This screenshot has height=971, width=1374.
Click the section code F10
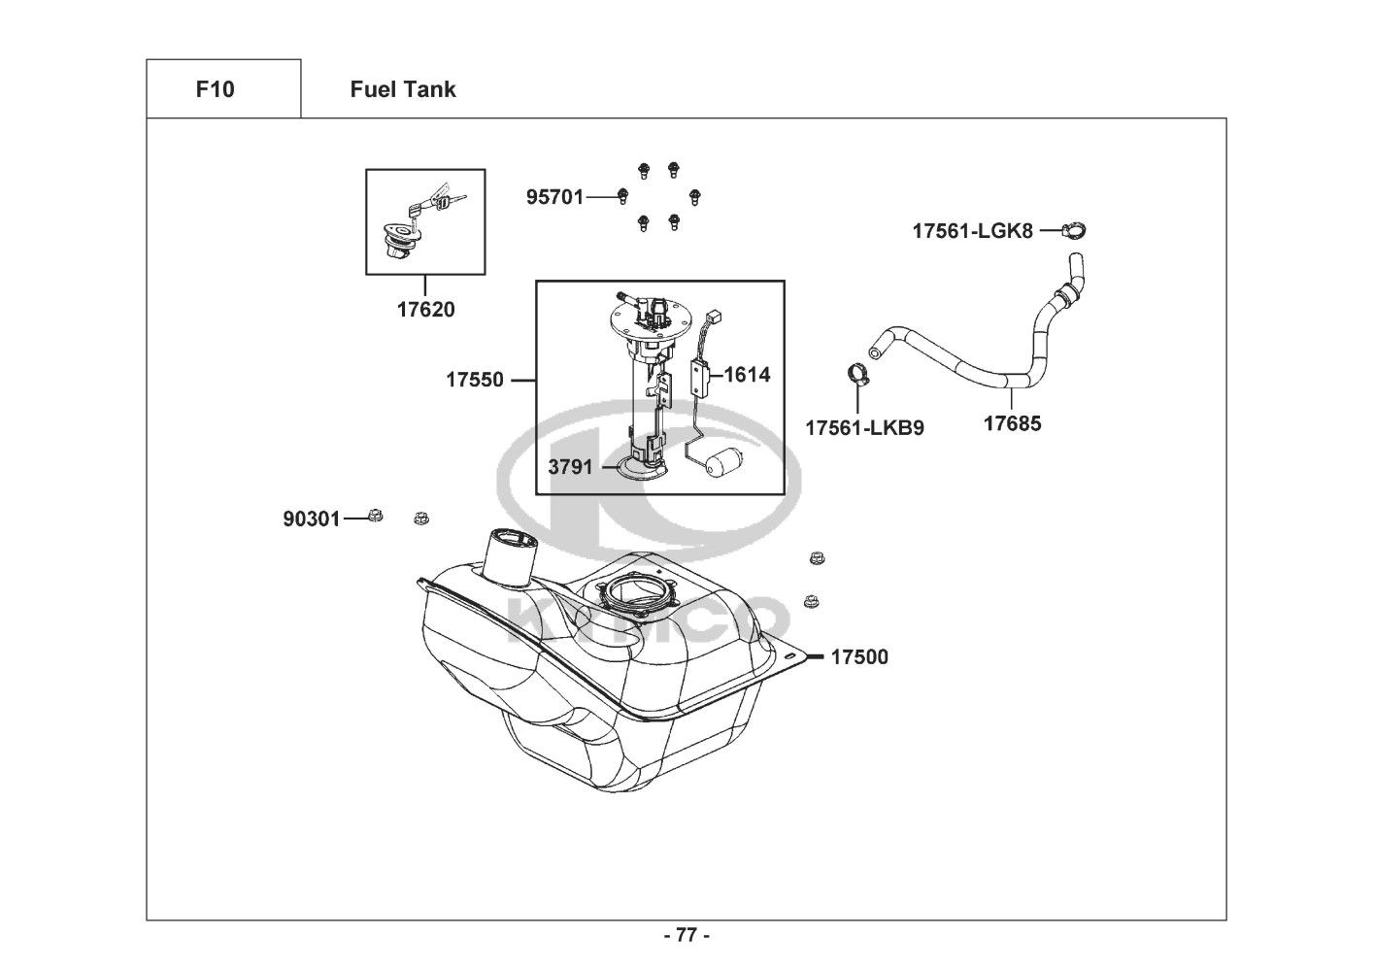[x=215, y=89]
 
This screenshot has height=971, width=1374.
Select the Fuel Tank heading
[x=403, y=89]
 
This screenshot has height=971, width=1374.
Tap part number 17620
[x=425, y=310]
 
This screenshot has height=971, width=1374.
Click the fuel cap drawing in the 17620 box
[x=402, y=241]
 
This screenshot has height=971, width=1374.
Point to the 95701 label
[x=554, y=197]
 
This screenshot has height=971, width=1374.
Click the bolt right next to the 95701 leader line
[x=622, y=196]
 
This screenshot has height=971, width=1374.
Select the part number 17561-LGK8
[x=973, y=231]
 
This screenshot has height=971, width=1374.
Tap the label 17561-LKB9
[x=864, y=428]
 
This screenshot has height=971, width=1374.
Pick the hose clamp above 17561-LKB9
[x=858, y=375]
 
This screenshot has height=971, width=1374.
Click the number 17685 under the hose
[x=1012, y=424]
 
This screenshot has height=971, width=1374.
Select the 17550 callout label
[x=475, y=380]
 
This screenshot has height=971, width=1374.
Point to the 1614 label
[x=747, y=375]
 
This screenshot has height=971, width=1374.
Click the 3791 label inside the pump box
[x=570, y=467]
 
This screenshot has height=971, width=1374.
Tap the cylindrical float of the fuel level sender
[x=723, y=462]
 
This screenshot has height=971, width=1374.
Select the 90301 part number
[x=311, y=519]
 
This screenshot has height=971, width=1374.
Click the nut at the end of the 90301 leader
[x=375, y=517]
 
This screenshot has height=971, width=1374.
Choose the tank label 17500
[x=859, y=657]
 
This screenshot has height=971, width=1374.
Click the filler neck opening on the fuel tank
[x=511, y=541]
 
